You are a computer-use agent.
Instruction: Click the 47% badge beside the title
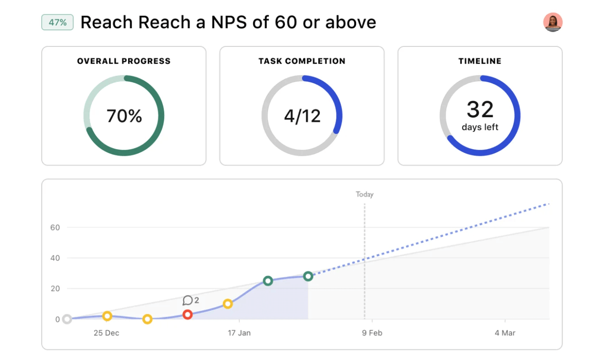57,22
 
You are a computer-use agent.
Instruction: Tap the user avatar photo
553,22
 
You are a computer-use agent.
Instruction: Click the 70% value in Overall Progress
124,116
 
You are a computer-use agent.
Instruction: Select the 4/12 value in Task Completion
302,116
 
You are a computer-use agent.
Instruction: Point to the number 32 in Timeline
480,110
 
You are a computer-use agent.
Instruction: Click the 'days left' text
480,127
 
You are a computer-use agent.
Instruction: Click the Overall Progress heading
124,61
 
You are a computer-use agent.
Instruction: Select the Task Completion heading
302,61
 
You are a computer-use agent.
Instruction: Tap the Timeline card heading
480,61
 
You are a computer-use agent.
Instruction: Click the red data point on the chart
187,315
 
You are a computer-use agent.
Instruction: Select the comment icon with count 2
188,300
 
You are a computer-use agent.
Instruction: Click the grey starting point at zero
67,319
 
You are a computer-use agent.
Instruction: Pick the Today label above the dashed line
364,195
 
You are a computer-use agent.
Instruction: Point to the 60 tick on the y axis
55,227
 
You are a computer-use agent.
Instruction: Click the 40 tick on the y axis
55,258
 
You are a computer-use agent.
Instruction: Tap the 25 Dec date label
106,333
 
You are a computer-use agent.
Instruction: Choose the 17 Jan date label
239,333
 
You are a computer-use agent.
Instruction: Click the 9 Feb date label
372,333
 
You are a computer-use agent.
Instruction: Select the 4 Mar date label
505,333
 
